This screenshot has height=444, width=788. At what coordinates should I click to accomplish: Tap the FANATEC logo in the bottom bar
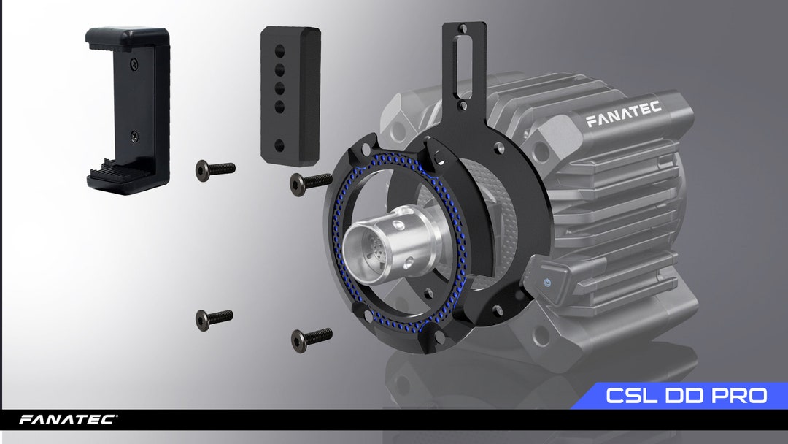tap(67, 420)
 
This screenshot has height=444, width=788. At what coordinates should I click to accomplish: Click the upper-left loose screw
tap(215, 169)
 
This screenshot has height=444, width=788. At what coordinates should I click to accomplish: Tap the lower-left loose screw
tap(214, 318)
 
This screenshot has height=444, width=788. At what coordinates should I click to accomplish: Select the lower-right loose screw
tap(311, 338)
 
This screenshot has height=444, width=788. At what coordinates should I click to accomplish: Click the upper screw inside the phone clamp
tap(134, 65)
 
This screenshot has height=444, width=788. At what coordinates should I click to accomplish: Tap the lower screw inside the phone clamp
tap(134, 136)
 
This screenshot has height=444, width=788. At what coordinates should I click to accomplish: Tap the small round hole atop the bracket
tap(462, 30)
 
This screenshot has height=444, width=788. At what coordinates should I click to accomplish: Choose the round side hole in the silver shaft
tap(398, 217)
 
